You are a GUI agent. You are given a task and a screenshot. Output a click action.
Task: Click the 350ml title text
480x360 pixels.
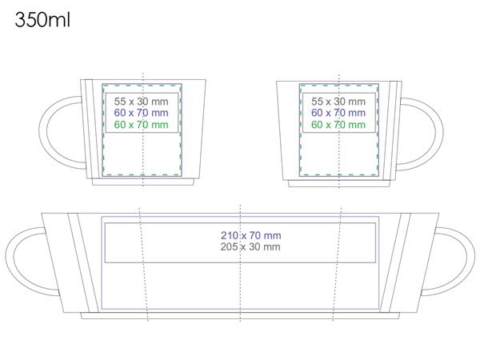[42, 20]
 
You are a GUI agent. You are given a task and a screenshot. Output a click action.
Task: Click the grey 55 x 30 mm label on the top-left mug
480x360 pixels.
[141, 102]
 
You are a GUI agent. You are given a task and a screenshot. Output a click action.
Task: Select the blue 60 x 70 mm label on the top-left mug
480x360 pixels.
[141, 113]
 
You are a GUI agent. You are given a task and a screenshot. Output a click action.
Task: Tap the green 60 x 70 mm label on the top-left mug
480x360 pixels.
[141, 125]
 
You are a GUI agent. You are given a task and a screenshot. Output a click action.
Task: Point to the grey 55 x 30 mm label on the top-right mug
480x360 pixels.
[338, 102]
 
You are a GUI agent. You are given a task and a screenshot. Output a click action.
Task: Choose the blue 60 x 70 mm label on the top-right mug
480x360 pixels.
[338, 113]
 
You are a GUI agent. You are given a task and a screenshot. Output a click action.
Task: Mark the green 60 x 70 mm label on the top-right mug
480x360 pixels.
[338, 125]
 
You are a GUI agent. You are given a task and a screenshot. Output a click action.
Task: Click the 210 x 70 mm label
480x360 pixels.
[251, 235]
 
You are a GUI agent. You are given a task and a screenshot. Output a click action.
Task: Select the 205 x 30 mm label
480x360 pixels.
[250, 246]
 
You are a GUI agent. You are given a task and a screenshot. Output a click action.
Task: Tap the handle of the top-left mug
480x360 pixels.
[43, 132]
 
